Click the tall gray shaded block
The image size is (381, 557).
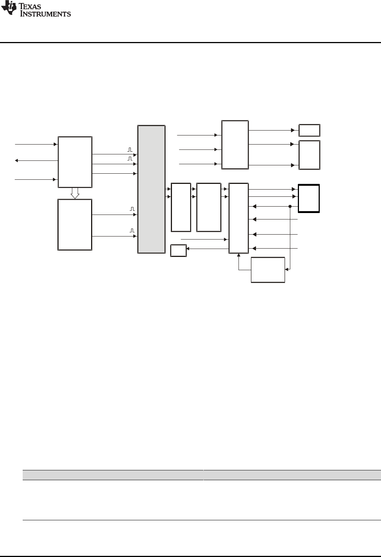click(151, 189)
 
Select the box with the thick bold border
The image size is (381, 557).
click(309, 198)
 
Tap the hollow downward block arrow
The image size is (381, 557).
click(75, 193)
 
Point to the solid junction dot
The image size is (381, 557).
click(290, 206)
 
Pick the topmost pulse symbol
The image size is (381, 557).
click(130, 150)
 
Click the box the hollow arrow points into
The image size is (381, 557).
click(75, 224)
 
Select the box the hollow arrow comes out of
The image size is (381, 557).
click(75, 162)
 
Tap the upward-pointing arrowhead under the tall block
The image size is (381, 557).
click(239, 255)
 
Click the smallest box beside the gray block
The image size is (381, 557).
click(178, 250)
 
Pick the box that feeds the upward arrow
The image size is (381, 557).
click(268, 269)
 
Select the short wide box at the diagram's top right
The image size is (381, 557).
click(309, 130)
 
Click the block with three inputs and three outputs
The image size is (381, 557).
click(235, 145)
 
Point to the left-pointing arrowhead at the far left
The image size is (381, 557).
click(16, 160)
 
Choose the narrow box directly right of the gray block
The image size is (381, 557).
click(181, 207)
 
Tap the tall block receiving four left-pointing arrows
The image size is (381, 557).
click(239, 218)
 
